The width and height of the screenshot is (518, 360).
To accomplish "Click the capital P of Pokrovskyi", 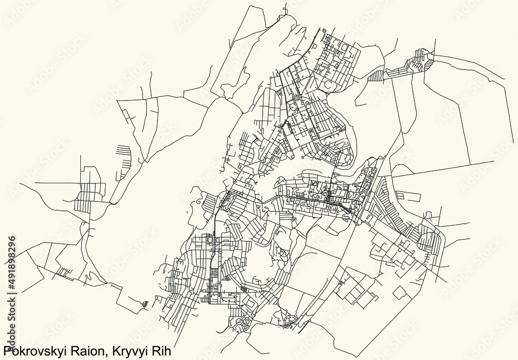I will click(x=6, y=351).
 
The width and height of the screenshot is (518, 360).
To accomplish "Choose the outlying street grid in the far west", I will click(x=88, y=192).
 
